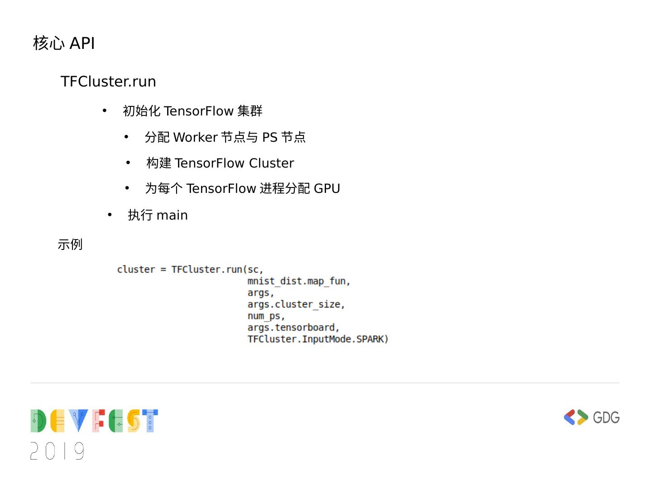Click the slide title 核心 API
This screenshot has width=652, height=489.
tap(64, 43)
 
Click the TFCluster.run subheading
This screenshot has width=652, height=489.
tap(108, 81)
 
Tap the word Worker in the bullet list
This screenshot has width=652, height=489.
tap(195, 137)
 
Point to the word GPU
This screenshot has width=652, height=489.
tap(326, 188)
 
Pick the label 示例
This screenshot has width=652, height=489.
tap(70, 244)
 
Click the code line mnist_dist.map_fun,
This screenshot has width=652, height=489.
tap(299, 281)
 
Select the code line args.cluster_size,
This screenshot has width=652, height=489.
tap(296, 304)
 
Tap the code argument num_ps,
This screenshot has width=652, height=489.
tap(266, 316)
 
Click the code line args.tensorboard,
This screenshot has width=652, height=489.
tap(293, 327)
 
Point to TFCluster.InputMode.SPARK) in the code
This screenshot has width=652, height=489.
tap(318, 339)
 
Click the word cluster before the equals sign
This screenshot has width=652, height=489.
tap(136, 269)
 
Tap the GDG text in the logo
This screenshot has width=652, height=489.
tap(606, 417)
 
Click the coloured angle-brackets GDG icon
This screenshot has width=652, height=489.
tap(575, 417)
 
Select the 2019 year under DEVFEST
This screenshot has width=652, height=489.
tap(58, 451)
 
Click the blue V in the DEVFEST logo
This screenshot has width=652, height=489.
tap(79, 420)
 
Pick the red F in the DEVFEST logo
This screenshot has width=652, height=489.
tap(99, 420)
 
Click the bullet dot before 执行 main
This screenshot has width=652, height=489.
tap(110, 215)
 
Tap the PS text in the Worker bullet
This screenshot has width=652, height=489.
tap(269, 137)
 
